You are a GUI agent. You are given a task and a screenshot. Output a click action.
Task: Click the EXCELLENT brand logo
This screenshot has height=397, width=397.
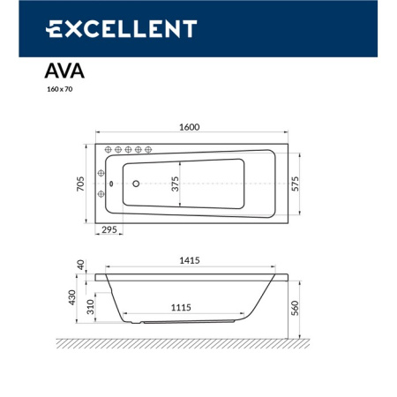[x=121, y=28]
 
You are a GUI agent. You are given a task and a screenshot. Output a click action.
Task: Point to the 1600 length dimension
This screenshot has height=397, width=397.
[x=189, y=127]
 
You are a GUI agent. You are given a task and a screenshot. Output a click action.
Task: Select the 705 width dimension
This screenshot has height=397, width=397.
[x=80, y=184]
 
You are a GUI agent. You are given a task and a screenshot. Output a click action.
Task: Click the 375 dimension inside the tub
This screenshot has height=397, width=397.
[x=175, y=184]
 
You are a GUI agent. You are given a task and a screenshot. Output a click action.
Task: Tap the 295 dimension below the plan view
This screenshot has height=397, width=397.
[x=110, y=229]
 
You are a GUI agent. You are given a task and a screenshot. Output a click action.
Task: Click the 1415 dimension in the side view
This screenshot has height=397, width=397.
[x=189, y=261]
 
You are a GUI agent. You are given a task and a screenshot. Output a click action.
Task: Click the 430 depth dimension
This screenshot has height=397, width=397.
[x=81, y=300]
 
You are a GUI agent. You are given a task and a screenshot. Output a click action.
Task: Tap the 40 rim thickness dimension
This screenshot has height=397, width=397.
[x=81, y=265]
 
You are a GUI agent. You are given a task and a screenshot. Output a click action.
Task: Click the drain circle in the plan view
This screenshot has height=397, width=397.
[x=137, y=184]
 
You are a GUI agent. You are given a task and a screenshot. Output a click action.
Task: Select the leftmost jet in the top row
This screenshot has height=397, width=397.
[x=109, y=149]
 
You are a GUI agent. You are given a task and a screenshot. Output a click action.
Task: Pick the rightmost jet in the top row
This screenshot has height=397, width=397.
[x=151, y=149]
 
